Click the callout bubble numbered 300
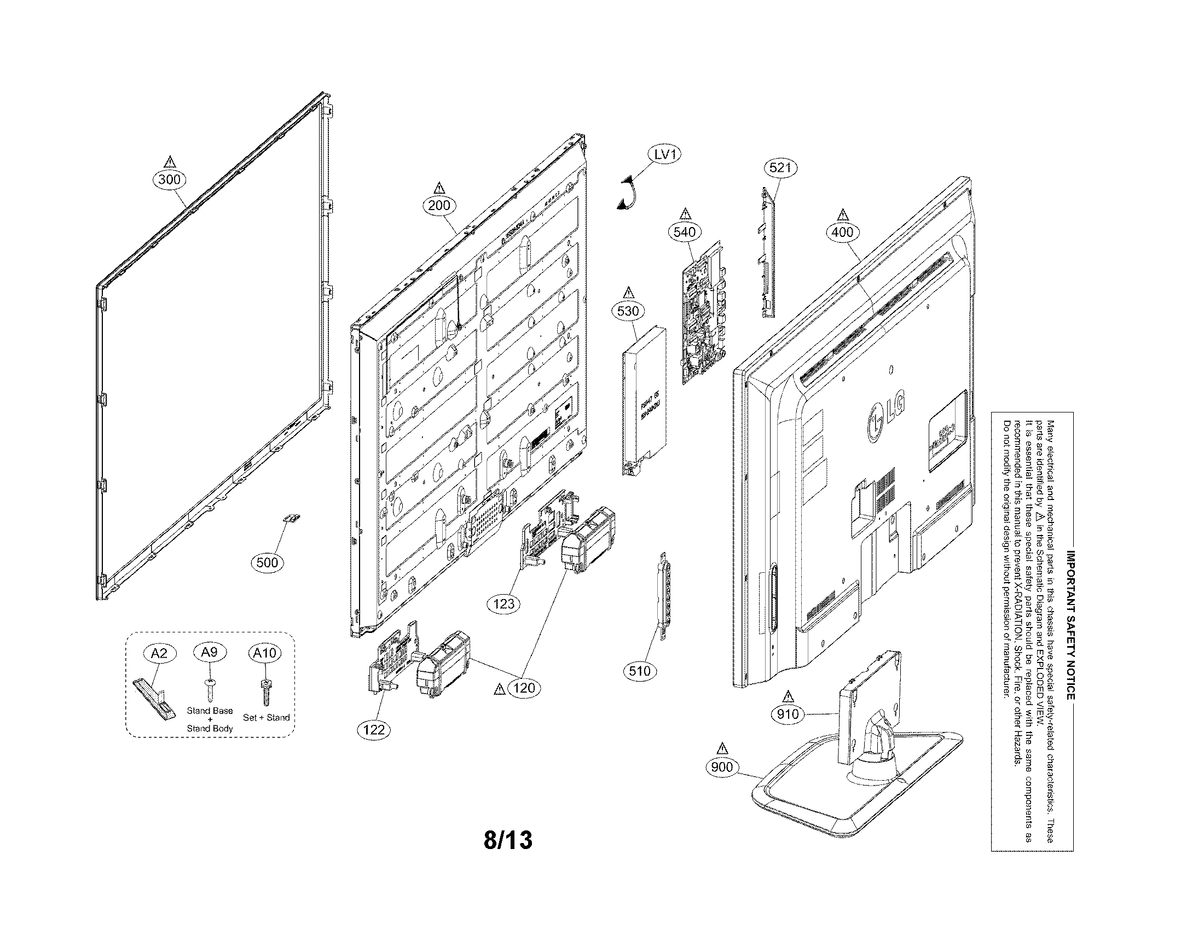169,179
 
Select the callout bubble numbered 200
439,206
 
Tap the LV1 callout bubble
665,155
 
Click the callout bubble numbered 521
780,167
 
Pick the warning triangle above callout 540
685,213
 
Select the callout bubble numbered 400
842,233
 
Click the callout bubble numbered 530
628,311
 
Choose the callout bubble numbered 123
504,604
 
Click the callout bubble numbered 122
374,730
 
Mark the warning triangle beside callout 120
500,689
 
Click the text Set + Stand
267,717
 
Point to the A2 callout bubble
159,653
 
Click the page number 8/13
508,840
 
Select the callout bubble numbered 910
787,714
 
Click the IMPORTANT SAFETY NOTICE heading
1070,625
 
